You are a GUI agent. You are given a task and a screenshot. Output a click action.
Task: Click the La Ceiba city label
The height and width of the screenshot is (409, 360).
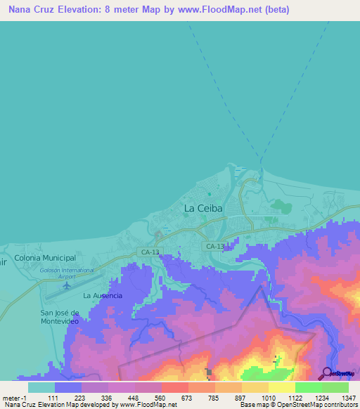[x=203, y=209]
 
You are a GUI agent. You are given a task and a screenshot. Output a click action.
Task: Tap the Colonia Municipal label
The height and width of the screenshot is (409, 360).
[x=45, y=258]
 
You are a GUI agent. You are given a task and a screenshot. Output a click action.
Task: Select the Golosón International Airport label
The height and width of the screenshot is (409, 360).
[x=67, y=270]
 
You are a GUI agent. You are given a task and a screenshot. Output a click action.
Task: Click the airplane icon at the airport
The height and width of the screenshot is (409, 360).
[x=67, y=277]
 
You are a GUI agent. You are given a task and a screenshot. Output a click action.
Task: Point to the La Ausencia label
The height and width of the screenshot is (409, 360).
[x=103, y=296]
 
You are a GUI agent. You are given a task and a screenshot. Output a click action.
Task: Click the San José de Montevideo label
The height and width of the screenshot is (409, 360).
[x=63, y=316]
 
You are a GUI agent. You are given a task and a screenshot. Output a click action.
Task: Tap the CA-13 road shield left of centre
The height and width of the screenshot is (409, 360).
[x=149, y=251]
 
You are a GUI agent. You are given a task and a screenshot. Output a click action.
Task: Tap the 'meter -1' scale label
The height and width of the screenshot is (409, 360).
[x=15, y=396]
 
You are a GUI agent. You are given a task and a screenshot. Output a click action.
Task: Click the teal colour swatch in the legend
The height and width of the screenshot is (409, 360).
[x=41, y=387]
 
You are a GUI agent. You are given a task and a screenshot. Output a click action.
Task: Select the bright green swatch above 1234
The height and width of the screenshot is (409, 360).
[x=309, y=387]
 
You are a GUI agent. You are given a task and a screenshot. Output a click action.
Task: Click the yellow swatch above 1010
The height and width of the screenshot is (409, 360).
[x=255, y=387]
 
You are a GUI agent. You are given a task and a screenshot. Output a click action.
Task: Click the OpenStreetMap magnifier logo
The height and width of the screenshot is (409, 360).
[x=327, y=372]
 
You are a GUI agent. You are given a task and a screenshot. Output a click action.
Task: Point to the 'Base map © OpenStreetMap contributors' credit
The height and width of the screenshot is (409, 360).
[x=298, y=405]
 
